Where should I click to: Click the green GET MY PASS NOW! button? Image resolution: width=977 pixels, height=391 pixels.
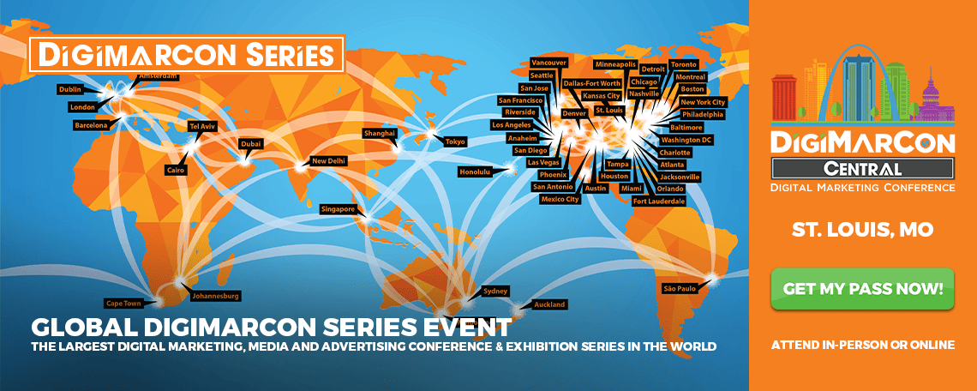click(x=862, y=289)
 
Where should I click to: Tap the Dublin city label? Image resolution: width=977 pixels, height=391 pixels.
click(x=70, y=90)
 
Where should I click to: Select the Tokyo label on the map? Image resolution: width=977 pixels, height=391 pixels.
click(x=455, y=141)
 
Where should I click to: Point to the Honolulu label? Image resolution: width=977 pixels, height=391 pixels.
click(x=476, y=171)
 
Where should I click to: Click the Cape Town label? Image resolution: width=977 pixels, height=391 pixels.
click(x=123, y=304)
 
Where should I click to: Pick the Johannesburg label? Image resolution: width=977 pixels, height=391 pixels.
click(x=216, y=296)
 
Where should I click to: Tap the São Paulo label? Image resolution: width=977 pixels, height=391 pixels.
click(x=679, y=289)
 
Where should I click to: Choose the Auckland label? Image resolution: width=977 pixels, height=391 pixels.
click(x=549, y=305)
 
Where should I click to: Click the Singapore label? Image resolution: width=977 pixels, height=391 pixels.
click(x=339, y=209)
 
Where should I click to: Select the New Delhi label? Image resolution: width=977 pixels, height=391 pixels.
click(x=329, y=161)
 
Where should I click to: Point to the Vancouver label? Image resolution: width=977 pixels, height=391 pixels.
click(x=548, y=63)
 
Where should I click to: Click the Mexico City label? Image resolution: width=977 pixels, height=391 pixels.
click(x=560, y=200)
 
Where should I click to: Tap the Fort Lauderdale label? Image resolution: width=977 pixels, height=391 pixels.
click(x=658, y=202)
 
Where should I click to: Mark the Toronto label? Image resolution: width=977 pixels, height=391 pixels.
click(x=684, y=65)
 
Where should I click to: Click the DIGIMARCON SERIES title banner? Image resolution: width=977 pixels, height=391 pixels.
click(x=186, y=54)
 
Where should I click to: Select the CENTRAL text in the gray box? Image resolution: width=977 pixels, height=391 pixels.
click(x=862, y=168)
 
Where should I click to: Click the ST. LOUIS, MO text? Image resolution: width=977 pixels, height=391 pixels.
click(x=862, y=230)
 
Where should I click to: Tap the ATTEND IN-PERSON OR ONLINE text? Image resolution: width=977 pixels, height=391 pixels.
click(x=862, y=345)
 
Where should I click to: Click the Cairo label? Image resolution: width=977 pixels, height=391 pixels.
click(x=175, y=170)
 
